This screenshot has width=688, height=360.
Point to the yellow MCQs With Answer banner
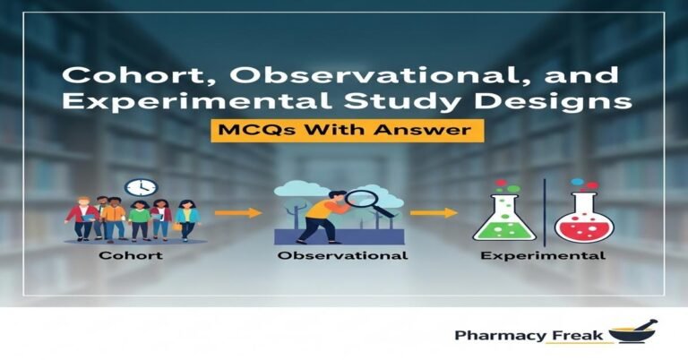[x=345, y=131]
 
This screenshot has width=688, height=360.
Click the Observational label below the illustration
[x=342, y=255]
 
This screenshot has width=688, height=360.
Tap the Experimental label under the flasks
[x=543, y=256]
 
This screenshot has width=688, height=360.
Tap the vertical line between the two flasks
[x=544, y=210]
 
